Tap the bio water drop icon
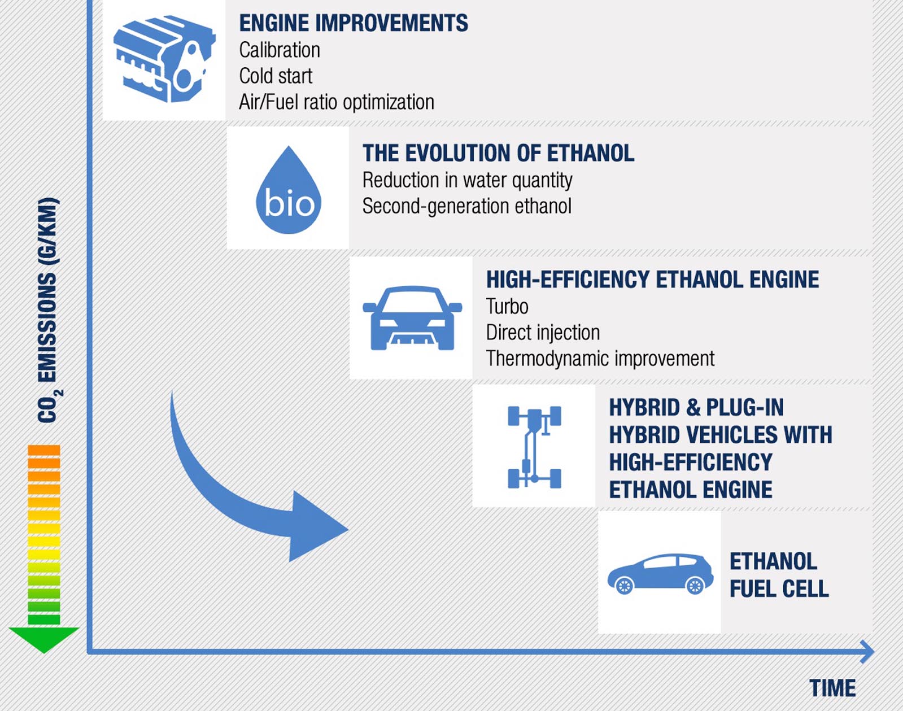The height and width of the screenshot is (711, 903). [289, 190]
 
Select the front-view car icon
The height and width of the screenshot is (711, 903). [412, 318]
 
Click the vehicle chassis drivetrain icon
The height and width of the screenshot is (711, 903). [534, 447]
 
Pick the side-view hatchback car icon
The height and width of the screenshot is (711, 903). [661, 574]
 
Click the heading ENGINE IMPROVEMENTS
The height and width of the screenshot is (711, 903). [354, 23]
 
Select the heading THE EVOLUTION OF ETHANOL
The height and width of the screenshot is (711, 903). [499, 153]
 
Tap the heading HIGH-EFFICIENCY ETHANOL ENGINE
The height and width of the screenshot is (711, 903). [652, 280]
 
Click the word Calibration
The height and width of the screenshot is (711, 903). [280, 50]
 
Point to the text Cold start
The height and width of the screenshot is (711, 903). [276, 76]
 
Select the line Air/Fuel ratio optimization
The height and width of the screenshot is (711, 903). [337, 102]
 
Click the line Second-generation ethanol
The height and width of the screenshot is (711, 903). [467, 206]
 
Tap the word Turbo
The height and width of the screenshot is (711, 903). [507, 307]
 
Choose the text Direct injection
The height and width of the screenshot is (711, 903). [543, 333]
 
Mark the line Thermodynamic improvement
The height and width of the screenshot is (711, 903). [600, 359]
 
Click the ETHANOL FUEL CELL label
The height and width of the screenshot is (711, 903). [779, 575]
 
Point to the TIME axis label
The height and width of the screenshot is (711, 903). [832, 688]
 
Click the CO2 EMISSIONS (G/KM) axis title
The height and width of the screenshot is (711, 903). [49, 309]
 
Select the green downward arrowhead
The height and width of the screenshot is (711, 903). [43, 639]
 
